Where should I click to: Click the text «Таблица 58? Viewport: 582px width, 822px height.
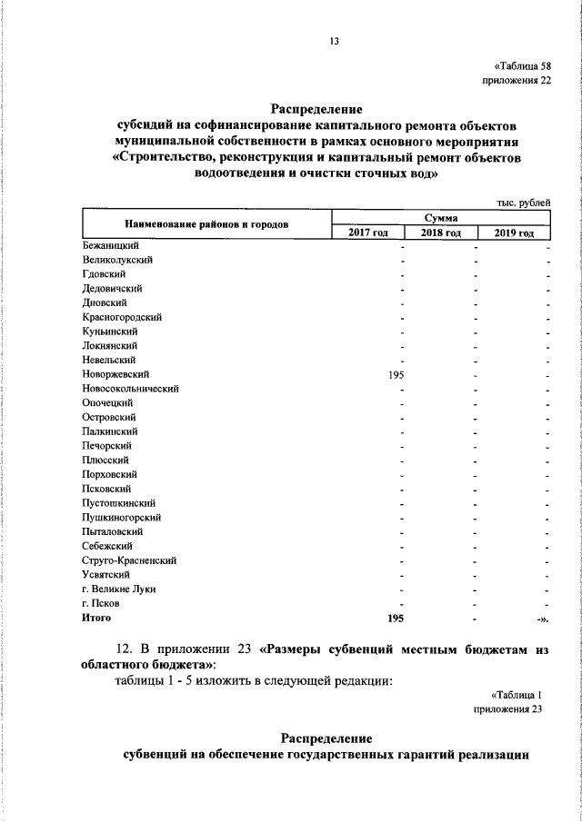pyautogui.click(x=522, y=66)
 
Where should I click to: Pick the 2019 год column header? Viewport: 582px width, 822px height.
pyautogui.click(x=515, y=234)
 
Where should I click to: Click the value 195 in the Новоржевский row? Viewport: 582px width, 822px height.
pyautogui.click(x=396, y=373)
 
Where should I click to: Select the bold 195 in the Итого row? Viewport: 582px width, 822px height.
pyautogui.click(x=396, y=618)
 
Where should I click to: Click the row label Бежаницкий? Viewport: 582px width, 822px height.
pyautogui.click(x=109, y=245)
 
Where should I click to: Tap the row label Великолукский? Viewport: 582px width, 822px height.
pyautogui.click(x=116, y=260)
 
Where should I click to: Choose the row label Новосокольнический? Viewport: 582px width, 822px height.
pyautogui.click(x=129, y=388)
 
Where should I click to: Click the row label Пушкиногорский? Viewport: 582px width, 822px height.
pyautogui.click(x=121, y=517)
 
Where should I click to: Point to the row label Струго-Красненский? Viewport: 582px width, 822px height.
pyautogui.click(x=128, y=560)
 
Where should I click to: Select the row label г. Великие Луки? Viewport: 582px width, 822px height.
pyautogui.click(x=117, y=589)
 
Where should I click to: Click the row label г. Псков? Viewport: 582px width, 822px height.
pyautogui.click(x=99, y=603)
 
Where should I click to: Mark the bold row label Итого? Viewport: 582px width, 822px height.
pyautogui.click(x=95, y=618)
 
